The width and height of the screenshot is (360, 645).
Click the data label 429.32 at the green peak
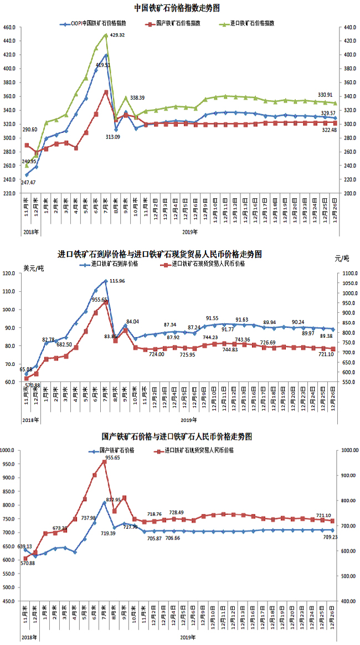point(117,35)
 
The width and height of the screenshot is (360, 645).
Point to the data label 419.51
point(117,65)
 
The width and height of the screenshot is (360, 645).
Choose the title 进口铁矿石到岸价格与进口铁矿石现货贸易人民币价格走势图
point(160,255)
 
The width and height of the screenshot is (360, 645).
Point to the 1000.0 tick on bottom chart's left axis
point(11,451)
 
